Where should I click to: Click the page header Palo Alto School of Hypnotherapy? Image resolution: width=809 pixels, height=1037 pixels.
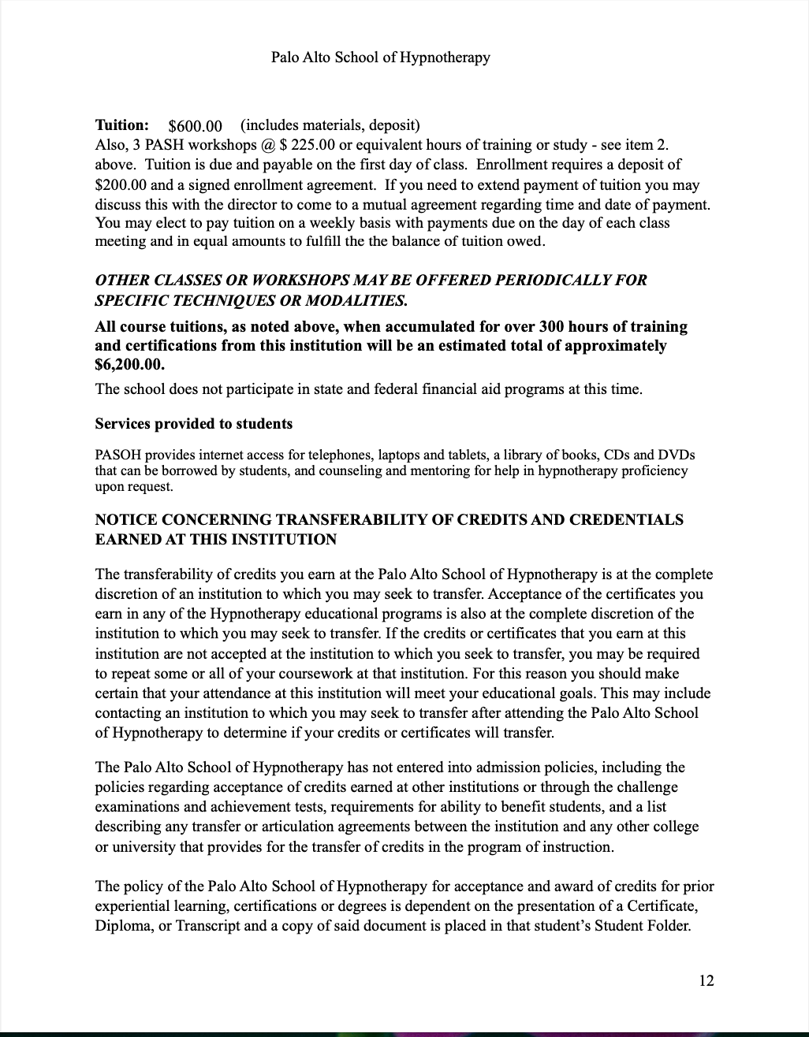point(380,58)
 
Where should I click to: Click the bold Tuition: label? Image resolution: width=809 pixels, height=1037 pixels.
point(122,125)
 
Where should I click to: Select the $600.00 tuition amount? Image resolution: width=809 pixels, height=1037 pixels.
point(196,126)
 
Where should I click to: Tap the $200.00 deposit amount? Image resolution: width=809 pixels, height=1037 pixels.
point(121,185)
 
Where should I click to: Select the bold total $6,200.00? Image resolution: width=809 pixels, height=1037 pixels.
point(130,365)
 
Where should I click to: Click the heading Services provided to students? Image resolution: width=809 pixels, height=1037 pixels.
point(194,424)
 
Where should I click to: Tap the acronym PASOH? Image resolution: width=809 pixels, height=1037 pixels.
point(116,455)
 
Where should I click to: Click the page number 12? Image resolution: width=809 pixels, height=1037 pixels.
point(706,980)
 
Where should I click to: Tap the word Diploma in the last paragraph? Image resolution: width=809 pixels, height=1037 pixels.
point(122,925)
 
